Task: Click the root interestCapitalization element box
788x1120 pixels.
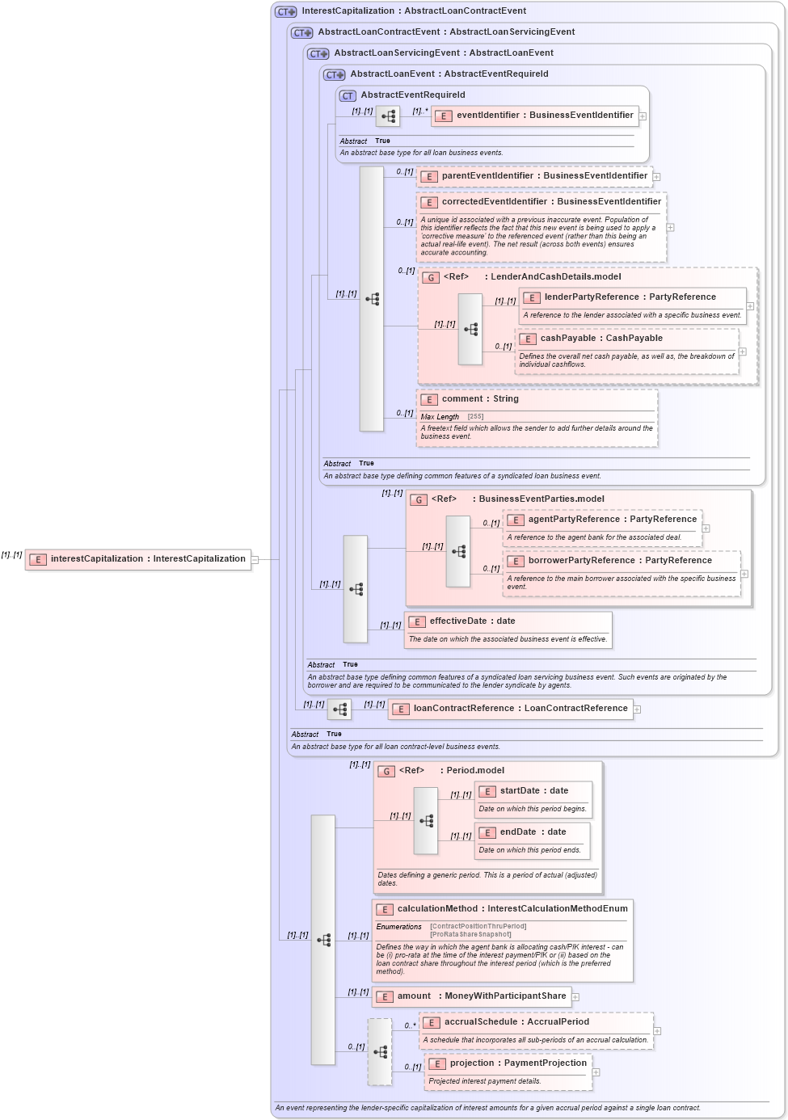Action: pyautogui.click(x=138, y=559)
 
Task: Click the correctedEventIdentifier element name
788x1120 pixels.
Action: pyautogui.click(x=550, y=202)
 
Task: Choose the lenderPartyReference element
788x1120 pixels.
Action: pyautogui.click(x=629, y=297)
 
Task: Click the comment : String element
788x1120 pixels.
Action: pyautogui.click(x=479, y=399)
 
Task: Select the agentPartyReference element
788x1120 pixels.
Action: pyautogui.click(x=611, y=520)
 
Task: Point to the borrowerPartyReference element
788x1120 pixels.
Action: pyautogui.click(x=619, y=561)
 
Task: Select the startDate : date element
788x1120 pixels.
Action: pyautogui.click(x=533, y=791)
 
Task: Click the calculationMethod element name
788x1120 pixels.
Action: pyautogui.click(x=512, y=909)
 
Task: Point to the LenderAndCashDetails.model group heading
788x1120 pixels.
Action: pyautogui.click(x=555, y=277)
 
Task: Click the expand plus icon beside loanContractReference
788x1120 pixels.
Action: pyautogui.click(x=637, y=709)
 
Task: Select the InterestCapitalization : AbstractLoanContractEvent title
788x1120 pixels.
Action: pyautogui.click(x=413, y=11)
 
